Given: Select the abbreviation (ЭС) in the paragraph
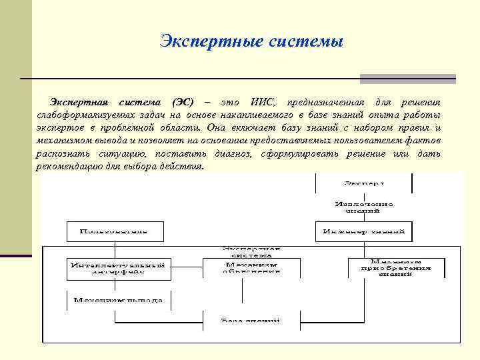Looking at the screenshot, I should pyautogui.click(x=183, y=102).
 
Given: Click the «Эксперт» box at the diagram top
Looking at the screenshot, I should pyautogui.click(x=363, y=182).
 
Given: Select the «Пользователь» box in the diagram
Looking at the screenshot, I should pyautogui.click(x=115, y=231).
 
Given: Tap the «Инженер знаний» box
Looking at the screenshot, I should pyautogui.click(x=363, y=231).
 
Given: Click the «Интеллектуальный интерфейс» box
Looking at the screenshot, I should pyautogui.click(x=118, y=268).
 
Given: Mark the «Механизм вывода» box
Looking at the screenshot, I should pyautogui.click(x=118, y=300).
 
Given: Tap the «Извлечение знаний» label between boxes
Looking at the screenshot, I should pyautogui.click(x=364, y=207).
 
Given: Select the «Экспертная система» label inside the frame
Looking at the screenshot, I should pyautogui.click(x=251, y=251).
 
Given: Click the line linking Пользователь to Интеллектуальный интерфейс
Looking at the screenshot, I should pyautogui.click(x=115, y=249).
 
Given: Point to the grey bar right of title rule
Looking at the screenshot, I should pyautogui.click(x=407, y=79).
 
